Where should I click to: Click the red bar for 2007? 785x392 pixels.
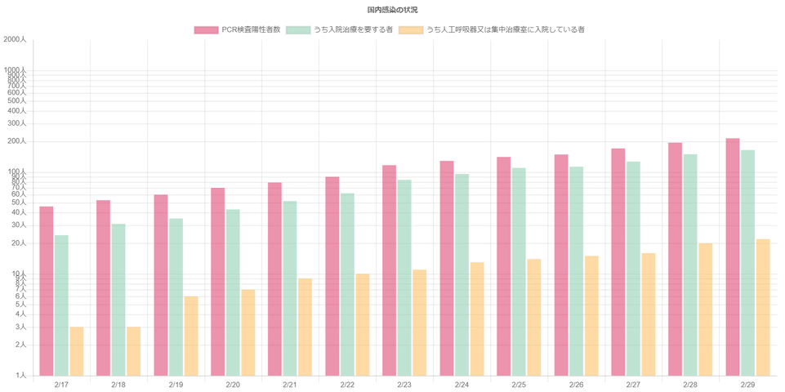pyautogui.click(x=46, y=290)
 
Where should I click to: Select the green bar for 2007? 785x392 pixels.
pyautogui.click(x=62, y=304)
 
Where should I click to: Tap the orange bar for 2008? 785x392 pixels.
pyautogui.click(x=135, y=350)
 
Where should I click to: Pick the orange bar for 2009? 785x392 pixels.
pyautogui.click(x=192, y=335)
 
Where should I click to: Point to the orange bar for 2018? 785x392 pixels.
pyautogui.click(x=707, y=309)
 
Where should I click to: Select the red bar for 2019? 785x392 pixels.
pyautogui.click(x=732, y=256)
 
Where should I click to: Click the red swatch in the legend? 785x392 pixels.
pyautogui.click(x=206, y=30)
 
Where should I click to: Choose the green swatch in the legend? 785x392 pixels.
pyautogui.click(x=298, y=30)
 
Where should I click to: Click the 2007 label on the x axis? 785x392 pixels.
pyautogui.click(x=61, y=382)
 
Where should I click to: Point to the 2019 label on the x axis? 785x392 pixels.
pyautogui.click(x=747, y=382)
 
